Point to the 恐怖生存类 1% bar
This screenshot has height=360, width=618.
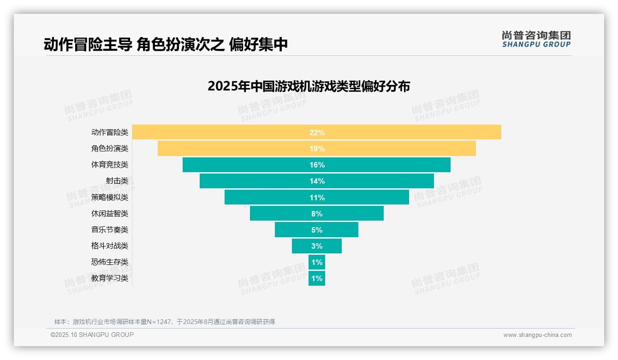tap(317, 262)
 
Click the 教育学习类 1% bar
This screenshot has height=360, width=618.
tap(317, 278)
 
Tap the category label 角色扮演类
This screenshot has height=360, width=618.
tap(110, 149)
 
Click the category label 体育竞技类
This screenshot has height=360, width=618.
tap(110, 165)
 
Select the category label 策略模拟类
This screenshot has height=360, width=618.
tap(110, 198)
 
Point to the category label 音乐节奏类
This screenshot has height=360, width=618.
tap(110, 230)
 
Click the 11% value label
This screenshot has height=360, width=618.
tap(317, 198)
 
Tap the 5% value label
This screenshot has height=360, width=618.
tap(317, 230)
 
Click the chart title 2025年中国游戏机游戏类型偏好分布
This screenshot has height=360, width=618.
tap(309, 86)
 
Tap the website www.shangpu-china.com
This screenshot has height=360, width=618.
tap(537, 335)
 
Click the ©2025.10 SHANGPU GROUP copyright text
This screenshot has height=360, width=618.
tap(92, 335)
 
